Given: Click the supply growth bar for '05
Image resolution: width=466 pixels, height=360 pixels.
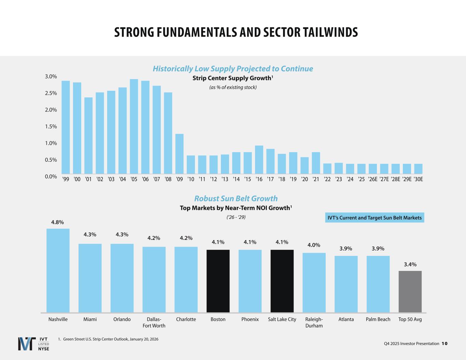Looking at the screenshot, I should [x=134, y=127].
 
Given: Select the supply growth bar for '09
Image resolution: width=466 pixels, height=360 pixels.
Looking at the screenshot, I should [x=179, y=154].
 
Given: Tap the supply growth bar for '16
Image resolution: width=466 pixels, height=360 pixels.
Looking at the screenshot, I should [x=259, y=160].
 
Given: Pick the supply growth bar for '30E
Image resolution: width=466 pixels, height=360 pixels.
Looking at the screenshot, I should [x=418, y=169].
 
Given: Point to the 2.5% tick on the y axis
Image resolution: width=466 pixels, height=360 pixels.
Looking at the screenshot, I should [x=51, y=93].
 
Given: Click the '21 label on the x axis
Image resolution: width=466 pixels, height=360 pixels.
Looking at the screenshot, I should [x=316, y=179].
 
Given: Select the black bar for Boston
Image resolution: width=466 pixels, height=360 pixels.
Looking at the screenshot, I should [x=218, y=281].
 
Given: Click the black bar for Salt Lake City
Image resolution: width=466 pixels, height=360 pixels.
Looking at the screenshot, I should [x=282, y=281].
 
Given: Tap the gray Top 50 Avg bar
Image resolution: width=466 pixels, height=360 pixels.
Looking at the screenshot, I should [x=410, y=291].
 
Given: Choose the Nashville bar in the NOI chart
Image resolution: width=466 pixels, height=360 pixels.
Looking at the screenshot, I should [x=58, y=270].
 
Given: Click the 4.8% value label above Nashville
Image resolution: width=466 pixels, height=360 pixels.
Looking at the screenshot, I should [x=57, y=222].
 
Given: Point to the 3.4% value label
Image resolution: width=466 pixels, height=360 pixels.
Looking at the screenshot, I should [x=410, y=264].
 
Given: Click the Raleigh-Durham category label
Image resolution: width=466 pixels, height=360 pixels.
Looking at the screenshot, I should [x=314, y=322].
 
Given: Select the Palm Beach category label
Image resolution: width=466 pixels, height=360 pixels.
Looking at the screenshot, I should [x=378, y=319].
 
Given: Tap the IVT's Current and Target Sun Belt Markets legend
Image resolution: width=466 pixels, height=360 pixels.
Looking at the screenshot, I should [x=375, y=218].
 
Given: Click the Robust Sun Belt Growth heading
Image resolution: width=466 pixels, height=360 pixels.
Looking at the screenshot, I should [x=236, y=199].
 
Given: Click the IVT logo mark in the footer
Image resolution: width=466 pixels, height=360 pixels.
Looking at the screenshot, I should [x=26, y=344].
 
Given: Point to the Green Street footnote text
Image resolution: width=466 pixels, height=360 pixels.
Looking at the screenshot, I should [x=108, y=339].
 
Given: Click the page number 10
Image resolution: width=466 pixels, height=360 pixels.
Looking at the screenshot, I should [x=444, y=344].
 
